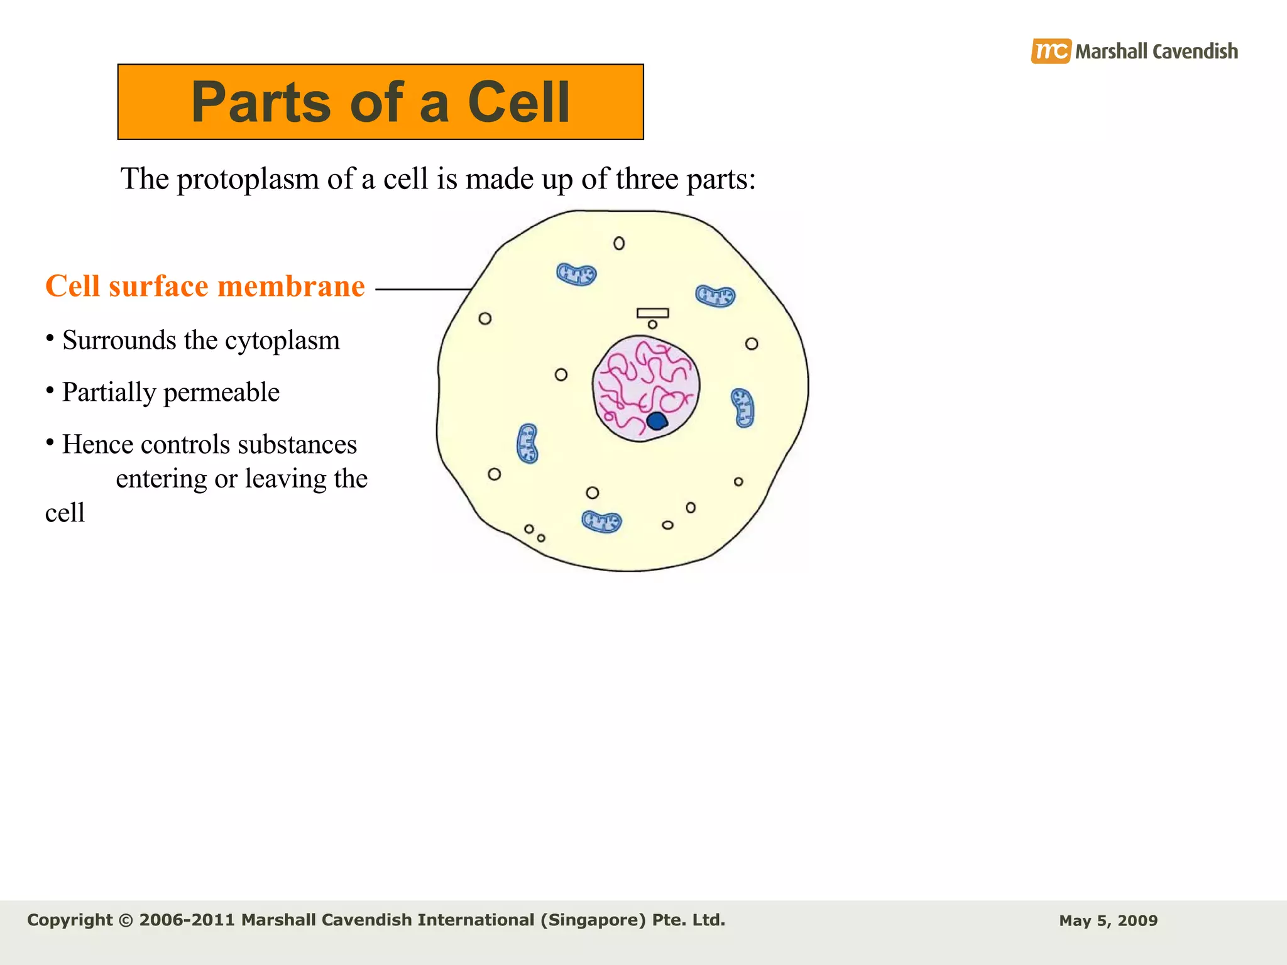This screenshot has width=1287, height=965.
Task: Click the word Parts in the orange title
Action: [x=261, y=102]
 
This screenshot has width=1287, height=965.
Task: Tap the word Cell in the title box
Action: [x=518, y=102]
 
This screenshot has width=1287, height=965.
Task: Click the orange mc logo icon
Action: [x=1050, y=51]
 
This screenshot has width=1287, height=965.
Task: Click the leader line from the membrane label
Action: [x=422, y=289]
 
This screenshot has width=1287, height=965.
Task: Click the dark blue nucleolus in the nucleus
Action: [x=657, y=421]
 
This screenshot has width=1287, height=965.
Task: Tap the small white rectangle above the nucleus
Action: [x=652, y=313]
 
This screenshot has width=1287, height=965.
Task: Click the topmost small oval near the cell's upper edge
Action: [x=619, y=243]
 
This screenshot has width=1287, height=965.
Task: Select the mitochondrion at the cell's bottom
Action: [x=601, y=521]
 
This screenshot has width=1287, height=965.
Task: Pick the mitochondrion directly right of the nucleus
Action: [x=743, y=408]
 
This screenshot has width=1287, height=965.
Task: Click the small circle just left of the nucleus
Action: [x=561, y=375]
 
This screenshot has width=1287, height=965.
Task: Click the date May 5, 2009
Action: [x=1108, y=921]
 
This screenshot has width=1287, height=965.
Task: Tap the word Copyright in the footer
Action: [x=70, y=920]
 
